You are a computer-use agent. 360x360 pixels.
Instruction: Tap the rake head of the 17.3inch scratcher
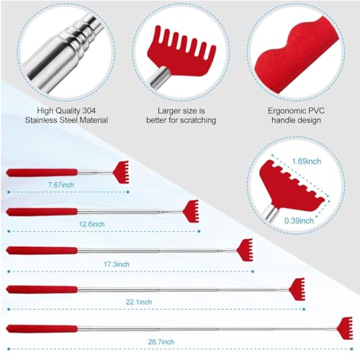[x=245, y=249]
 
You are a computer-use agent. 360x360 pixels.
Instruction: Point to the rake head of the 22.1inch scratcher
[x=297, y=288]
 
